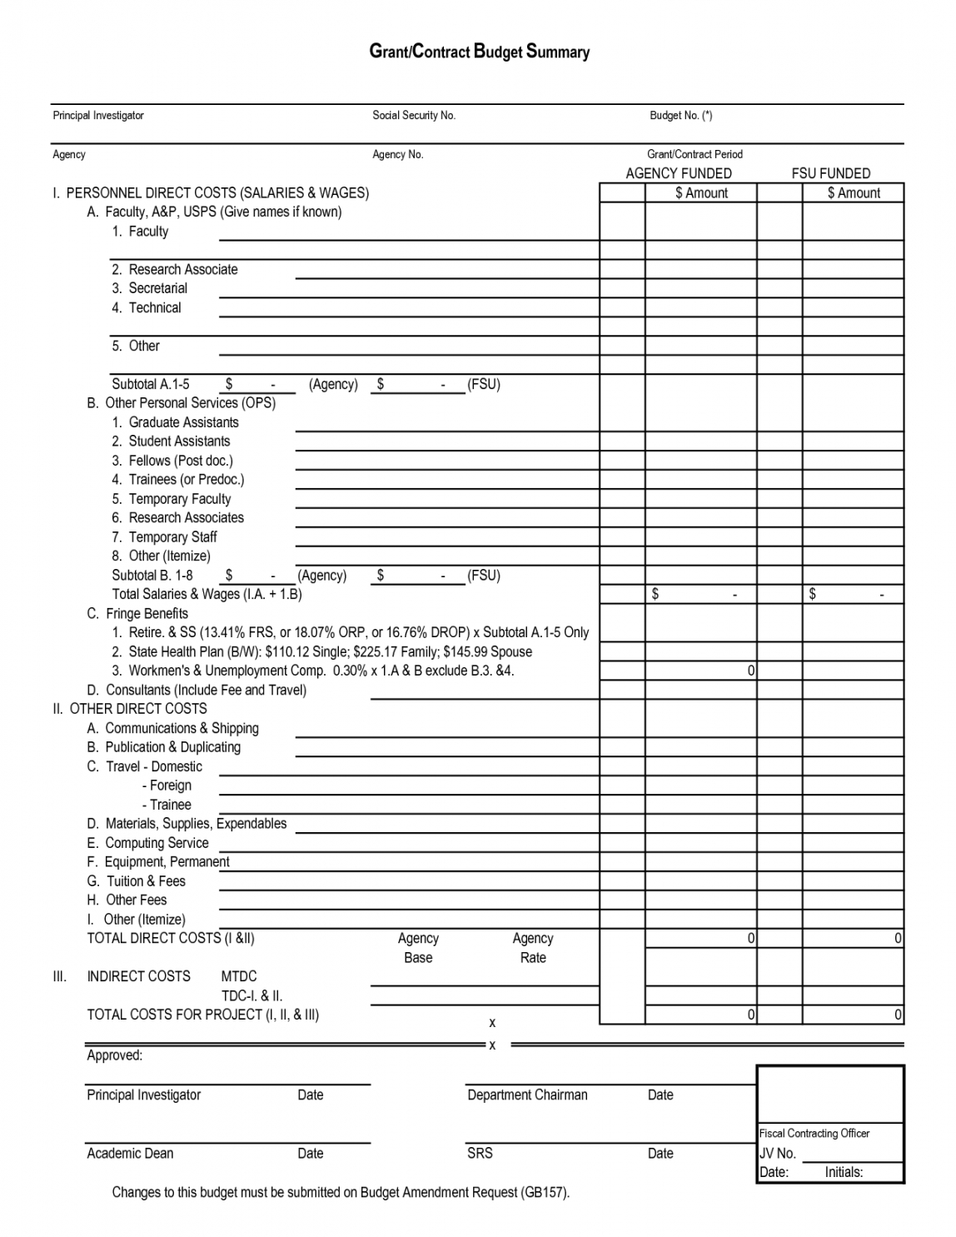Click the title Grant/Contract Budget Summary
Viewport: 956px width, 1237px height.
tap(479, 52)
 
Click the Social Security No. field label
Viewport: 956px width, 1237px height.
tap(414, 116)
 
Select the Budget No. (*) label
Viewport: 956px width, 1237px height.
tap(680, 116)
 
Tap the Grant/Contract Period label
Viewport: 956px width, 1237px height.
tap(695, 154)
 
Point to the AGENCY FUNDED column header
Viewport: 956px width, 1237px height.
tap(679, 173)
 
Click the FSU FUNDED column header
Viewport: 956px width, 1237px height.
tap(830, 173)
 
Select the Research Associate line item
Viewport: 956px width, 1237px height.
tap(175, 269)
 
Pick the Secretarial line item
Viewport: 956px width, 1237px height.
tap(150, 288)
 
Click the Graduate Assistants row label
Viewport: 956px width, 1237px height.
tap(176, 422)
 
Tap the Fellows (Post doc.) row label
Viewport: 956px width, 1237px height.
tap(172, 461)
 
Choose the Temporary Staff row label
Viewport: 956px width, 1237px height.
tap(165, 537)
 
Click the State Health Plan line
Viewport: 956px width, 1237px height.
tap(322, 651)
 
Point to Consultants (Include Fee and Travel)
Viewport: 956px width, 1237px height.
tap(197, 690)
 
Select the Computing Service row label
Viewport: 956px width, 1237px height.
tap(148, 843)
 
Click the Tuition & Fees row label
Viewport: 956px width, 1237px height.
tap(137, 881)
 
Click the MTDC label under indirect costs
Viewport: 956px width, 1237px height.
tap(239, 976)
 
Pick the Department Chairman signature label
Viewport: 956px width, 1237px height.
tap(527, 1095)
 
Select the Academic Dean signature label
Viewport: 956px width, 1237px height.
tap(130, 1153)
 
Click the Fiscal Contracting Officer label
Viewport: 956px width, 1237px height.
tap(814, 1133)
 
